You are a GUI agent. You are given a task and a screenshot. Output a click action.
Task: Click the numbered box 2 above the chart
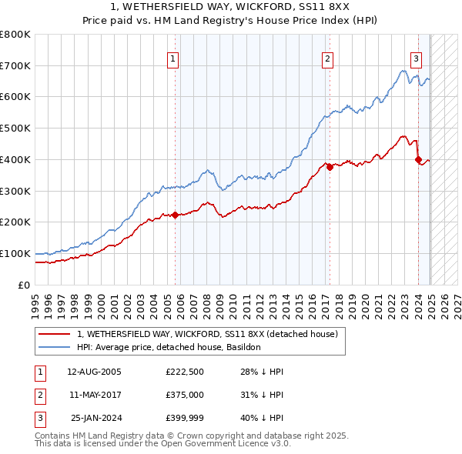[328, 58]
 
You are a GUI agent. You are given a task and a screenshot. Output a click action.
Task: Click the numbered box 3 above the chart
[416, 58]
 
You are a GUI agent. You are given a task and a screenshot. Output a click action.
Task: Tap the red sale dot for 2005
[176, 215]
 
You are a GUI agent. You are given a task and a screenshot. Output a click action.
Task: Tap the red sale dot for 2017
[330, 167]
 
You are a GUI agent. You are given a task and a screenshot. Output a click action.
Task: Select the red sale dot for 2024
[418, 160]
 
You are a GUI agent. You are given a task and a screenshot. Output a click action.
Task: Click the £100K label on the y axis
[16, 253]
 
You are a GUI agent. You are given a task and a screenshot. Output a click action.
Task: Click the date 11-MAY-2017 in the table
[94, 395]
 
